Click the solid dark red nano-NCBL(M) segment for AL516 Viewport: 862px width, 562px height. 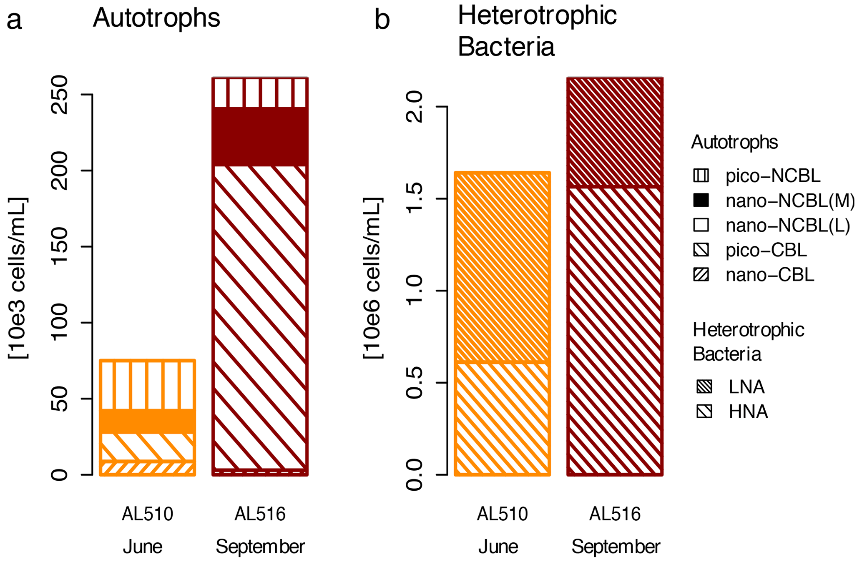click(x=260, y=137)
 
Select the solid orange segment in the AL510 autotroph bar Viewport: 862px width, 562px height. click(x=147, y=421)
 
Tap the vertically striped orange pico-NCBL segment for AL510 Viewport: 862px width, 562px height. click(x=147, y=384)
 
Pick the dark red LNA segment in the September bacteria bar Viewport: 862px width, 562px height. click(x=615, y=133)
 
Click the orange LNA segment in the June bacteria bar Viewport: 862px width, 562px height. click(x=502, y=267)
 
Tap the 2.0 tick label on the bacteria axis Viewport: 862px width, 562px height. click(x=415, y=107)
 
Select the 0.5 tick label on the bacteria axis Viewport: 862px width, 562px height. click(x=415, y=383)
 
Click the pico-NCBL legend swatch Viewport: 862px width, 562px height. click(x=701, y=176)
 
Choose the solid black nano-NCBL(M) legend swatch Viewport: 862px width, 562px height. click(x=701, y=201)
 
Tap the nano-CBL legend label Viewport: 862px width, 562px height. click(x=770, y=275)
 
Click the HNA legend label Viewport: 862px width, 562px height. click(x=748, y=412)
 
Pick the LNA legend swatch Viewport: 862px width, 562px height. click(x=704, y=387)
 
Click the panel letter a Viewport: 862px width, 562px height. click(x=14, y=20)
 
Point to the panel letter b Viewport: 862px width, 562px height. click(x=382, y=20)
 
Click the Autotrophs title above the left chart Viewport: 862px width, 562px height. click(x=156, y=18)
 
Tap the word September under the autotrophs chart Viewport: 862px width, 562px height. click(x=260, y=547)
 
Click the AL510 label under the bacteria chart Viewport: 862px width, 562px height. click(x=502, y=514)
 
